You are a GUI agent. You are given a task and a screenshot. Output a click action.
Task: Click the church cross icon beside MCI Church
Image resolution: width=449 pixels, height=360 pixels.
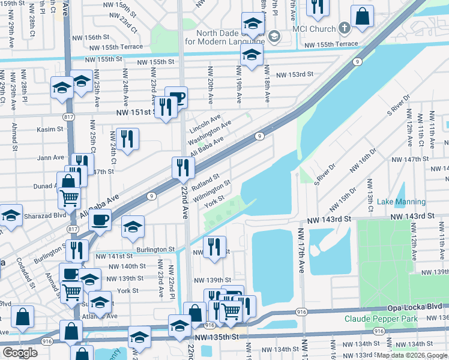pyautogui.click(x=344, y=28)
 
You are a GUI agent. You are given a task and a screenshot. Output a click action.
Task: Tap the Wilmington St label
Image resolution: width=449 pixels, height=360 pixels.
pyautogui.click(x=212, y=190)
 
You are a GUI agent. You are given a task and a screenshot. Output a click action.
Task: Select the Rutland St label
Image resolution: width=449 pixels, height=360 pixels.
pyautogui.click(x=205, y=179)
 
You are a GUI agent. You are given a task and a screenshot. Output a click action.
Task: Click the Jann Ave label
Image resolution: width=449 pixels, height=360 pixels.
pyautogui.click(x=50, y=157)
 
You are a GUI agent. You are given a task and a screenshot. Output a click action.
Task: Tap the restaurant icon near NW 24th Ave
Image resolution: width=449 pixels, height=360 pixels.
pyautogui.click(x=127, y=139)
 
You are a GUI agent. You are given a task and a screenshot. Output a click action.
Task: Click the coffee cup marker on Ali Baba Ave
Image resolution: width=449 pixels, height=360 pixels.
pyautogui.click(x=100, y=219)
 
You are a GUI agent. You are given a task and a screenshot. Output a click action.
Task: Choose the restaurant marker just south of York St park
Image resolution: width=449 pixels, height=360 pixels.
pyautogui.click(x=214, y=247)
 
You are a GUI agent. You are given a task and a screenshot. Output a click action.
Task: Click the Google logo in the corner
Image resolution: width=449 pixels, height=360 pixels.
pyautogui.click(x=20, y=353)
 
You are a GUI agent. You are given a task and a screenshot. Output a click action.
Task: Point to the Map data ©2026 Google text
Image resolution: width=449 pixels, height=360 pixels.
pyautogui.click(x=412, y=355)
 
